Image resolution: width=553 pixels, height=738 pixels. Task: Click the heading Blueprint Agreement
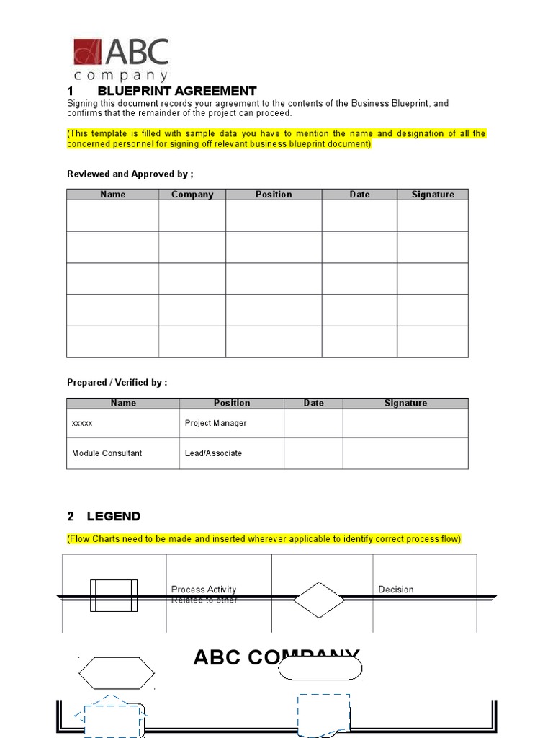pos(176,92)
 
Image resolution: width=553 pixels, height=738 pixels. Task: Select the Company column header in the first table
pos(192,195)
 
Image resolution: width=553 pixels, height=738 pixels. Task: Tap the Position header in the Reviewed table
pos(274,195)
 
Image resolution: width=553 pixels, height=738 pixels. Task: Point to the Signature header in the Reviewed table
pos(433,195)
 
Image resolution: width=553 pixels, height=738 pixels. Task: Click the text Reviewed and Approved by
pos(130,174)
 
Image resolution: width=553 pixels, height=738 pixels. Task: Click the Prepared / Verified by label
pos(117,383)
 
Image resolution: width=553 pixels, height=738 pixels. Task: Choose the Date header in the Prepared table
pos(313,404)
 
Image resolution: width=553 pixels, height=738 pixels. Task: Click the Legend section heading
pos(113,517)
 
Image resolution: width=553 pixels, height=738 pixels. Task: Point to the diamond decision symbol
pos(318,600)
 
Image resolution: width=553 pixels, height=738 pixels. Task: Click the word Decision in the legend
pos(396,590)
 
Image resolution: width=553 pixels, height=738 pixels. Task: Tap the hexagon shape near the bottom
pos(116,674)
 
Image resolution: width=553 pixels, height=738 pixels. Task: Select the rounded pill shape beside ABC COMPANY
pos(320,669)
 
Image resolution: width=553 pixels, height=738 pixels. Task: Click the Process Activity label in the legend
pos(204,590)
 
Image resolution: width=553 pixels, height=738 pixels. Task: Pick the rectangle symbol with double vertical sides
pos(114,596)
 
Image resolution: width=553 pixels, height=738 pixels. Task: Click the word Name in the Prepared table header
pos(123,404)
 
